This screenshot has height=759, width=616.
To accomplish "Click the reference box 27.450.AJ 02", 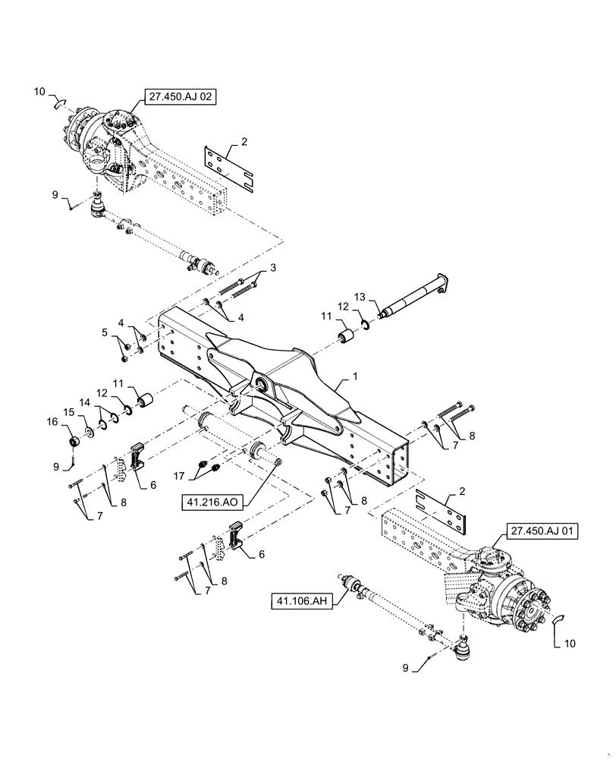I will pos(178,97).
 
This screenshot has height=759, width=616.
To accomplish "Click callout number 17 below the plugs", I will pos(179,477).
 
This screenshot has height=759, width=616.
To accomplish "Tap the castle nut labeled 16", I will pos(75,442).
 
